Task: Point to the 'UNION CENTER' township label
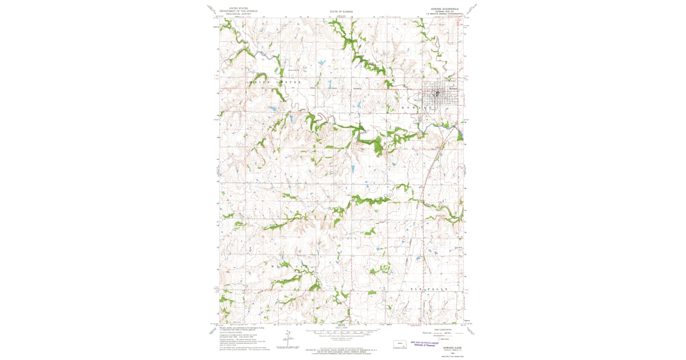(273, 83)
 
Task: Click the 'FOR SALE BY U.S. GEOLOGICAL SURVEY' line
(342, 350)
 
